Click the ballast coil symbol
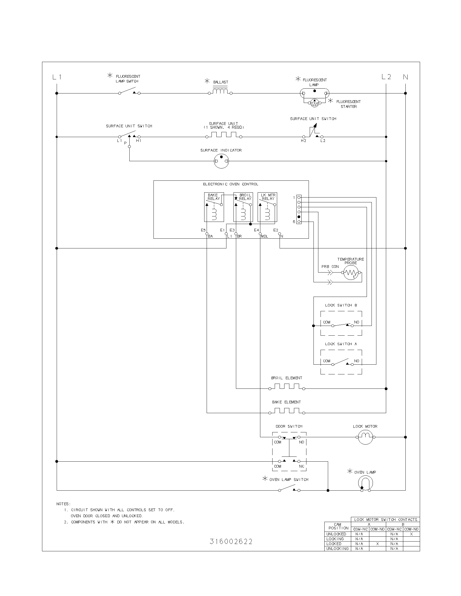(x=220, y=91)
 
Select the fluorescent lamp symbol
(x=314, y=93)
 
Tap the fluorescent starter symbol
(x=315, y=103)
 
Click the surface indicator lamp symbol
(x=221, y=161)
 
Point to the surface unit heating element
(x=224, y=135)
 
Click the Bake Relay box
(x=214, y=207)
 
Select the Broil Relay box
(x=243, y=207)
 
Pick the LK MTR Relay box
(x=267, y=207)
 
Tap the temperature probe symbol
(x=351, y=272)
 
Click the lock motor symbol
(x=365, y=437)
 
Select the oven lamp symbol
(x=366, y=483)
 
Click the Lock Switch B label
(x=341, y=305)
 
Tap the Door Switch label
(x=289, y=426)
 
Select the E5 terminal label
(x=203, y=230)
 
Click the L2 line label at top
(x=386, y=77)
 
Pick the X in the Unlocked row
(x=411, y=534)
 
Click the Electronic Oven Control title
(x=230, y=184)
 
